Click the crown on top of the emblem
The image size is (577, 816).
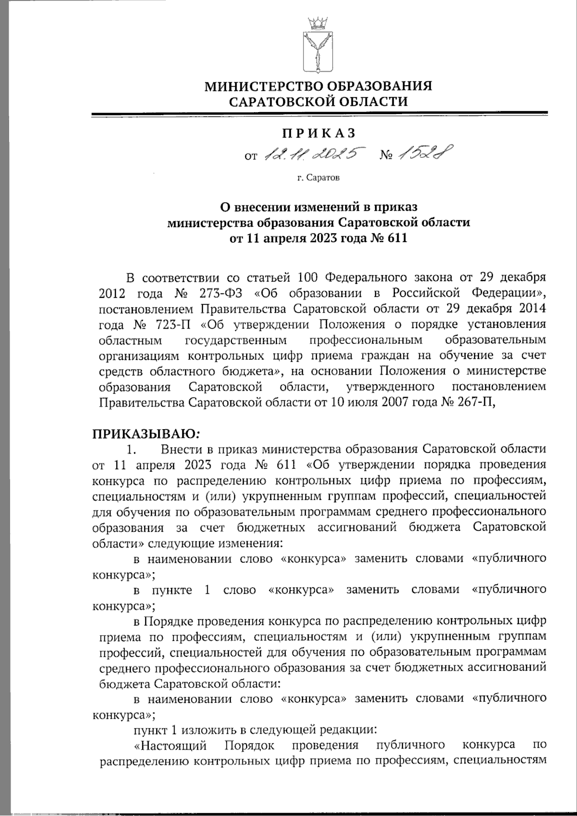point(317,22)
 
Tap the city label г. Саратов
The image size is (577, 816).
point(318,178)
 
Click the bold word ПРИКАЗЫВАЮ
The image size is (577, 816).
point(144,434)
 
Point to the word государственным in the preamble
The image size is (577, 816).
point(236,340)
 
